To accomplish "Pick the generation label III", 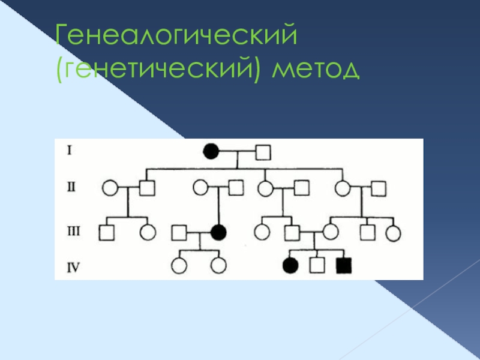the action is (x=72, y=229).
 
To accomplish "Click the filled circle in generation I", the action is (x=211, y=152).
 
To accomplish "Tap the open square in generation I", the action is (x=262, y=152).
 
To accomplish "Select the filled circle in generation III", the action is (x=218, y=231).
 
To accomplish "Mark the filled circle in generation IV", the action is (x=290, y=265).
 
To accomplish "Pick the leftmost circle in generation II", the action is (x=110, y=188).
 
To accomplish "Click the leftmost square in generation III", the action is (x=107, y=232).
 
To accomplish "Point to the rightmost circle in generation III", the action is (x=394, y=232).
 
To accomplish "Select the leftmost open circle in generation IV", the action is (x=178, y=265).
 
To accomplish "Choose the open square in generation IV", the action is (x=317, y=265).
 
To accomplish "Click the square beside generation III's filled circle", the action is (x=179, y=232).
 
